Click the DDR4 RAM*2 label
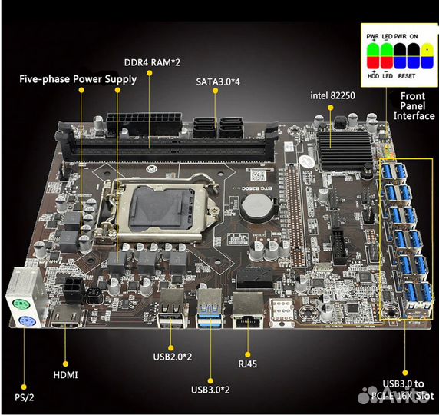[152, 62]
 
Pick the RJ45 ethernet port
[245, 307]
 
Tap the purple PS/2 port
[25, 314]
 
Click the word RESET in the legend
[406, 77]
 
